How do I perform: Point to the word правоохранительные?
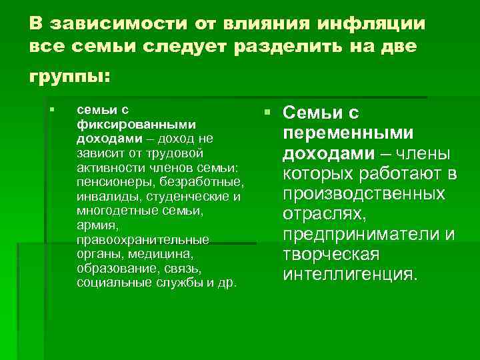point(143,239)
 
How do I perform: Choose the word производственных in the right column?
point(364,194)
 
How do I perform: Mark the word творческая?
point(331,255)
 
